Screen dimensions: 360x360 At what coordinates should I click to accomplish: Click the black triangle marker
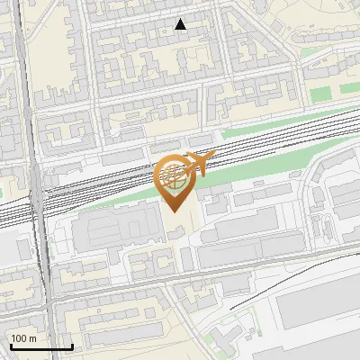181,24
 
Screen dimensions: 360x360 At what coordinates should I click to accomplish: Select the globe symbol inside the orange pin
174,175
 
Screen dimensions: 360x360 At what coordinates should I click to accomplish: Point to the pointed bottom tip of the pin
174,211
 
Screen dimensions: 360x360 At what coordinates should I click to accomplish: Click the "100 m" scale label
23,338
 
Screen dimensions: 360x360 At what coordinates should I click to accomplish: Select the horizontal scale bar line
40,346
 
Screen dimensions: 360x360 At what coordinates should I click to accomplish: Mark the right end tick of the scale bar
72,345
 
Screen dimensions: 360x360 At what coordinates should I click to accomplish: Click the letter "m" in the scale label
32,338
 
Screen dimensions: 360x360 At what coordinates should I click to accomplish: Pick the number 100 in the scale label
19,338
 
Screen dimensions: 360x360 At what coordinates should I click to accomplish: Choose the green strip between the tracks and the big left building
126,195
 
